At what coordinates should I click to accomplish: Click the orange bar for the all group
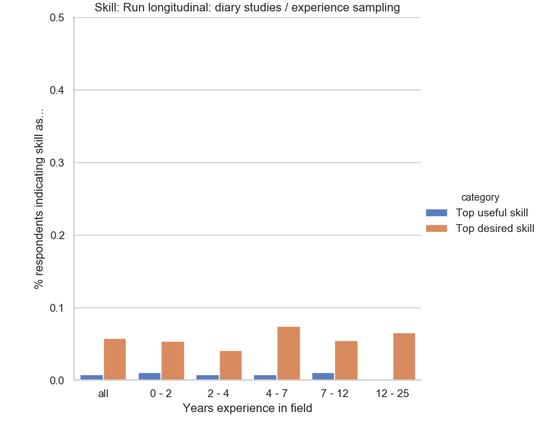tap(114, 359)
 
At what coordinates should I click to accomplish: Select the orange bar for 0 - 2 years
tap(172, 361)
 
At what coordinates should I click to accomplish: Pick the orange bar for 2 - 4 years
tap(230, 365)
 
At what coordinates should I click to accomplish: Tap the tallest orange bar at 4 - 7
tap(288, 353)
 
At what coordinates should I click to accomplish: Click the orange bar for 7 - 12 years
tap(346, 360)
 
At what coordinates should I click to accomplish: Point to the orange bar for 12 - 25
tap(404, 357)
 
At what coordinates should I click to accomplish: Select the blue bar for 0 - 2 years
tap(149, 376)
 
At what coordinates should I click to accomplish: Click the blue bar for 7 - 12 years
tap(323, 376)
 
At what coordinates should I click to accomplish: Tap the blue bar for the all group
tap(92, 377)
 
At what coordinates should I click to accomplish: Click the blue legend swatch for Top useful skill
tap(436, 213)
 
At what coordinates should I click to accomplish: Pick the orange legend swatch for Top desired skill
tap(436, 228)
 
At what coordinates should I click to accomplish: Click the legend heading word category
tap(480, 197)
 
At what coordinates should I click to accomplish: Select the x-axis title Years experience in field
tap(247, 408)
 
